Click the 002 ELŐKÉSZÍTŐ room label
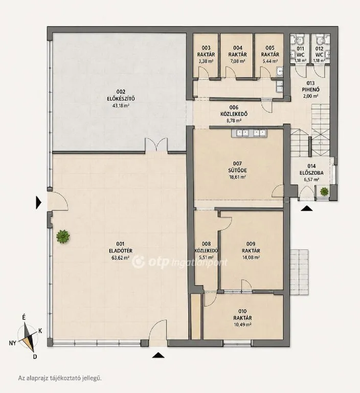coord(121,95)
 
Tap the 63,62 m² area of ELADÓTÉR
coord(121,257)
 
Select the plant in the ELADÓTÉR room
coord(63,236)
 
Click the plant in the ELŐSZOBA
coord(324,191)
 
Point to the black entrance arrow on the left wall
coord(38,203)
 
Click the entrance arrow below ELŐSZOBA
coord(306,209)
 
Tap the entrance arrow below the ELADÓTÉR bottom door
coord(159,355)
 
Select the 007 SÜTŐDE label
coord(237,167)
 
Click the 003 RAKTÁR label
coord(206,51)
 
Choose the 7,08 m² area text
coord(237,61)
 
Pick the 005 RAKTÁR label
coord(270,51)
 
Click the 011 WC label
coord(300,52)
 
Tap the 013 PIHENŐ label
coord(310,86)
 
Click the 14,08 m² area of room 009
coord(251,257)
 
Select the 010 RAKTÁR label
coord(242,315)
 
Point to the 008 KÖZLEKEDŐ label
coord(206,247)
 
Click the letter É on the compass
coord(24,318)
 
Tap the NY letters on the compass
coord(12,343)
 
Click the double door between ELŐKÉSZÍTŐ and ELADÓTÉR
coord(156,145)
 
